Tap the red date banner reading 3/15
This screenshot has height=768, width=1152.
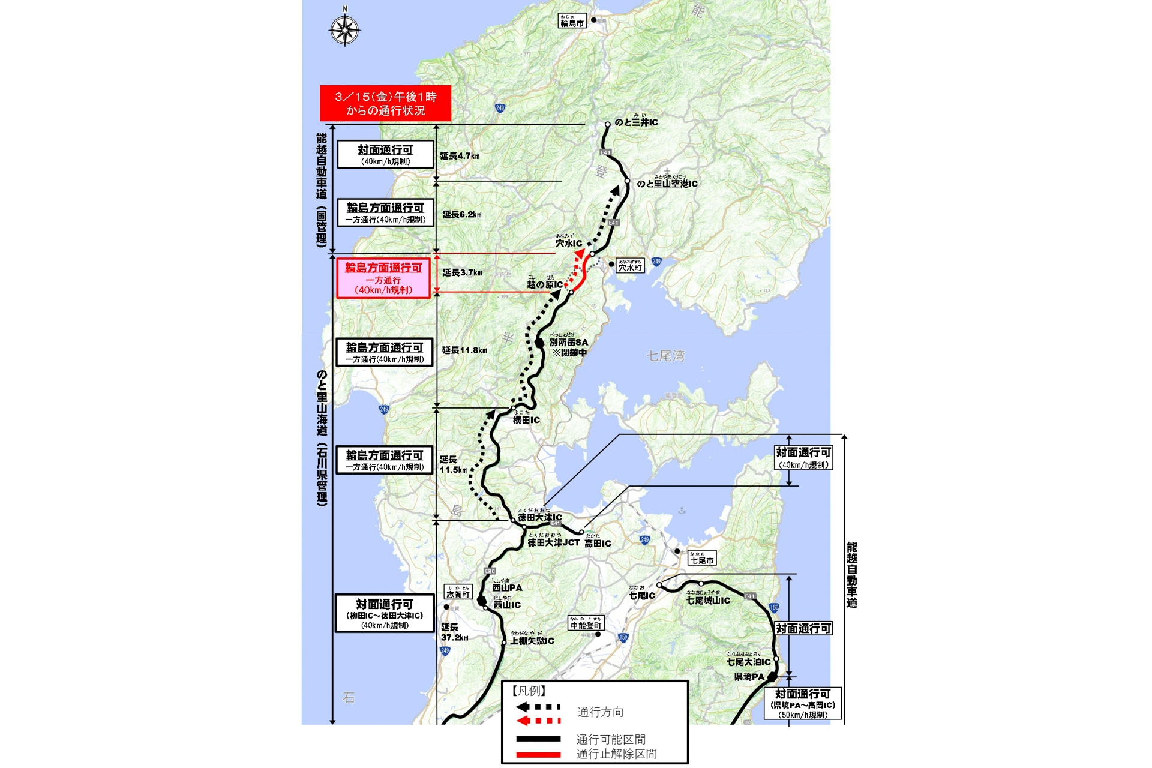click(385, 103)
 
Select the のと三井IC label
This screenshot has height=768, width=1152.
click(636, 122)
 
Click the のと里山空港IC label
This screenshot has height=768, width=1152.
click(667, 184)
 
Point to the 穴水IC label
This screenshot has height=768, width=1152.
click(568, 243)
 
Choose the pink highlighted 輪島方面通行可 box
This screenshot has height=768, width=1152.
click(383, 278)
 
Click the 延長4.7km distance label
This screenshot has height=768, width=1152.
click(460, 156)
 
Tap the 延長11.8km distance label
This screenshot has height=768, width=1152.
click(464, 350)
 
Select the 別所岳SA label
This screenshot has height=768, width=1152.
click(569, 343)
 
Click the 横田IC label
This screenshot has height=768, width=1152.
click(526, 420)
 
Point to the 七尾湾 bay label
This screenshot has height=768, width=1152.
click(665, 356)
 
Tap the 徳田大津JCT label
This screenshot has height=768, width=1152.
click(553, 542)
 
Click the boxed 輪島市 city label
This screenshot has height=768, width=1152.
click(572, 22)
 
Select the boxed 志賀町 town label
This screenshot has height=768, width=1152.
click(458, 593)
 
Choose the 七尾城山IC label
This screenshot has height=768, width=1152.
click(708, 600)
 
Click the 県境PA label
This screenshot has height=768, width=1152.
click(749, 677)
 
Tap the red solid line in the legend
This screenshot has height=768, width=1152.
click(538, 754)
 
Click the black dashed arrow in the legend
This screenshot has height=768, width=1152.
click(538, 707)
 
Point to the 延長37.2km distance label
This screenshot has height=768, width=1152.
click(454, 632)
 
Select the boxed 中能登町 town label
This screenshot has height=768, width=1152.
click(586, 625)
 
